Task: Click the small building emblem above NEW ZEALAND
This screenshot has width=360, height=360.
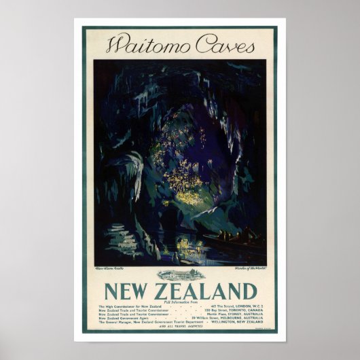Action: pyautogui.click(x=180, y=276)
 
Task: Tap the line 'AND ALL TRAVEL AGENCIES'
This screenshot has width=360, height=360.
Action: pyautogui.click(x=180, y=329)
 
